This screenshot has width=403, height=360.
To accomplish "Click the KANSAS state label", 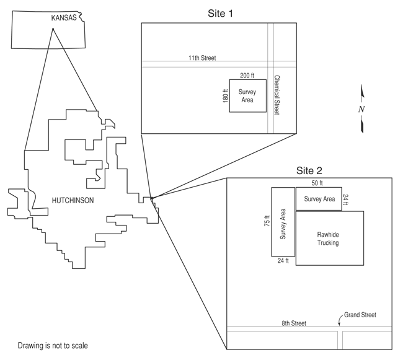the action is click(64, 18).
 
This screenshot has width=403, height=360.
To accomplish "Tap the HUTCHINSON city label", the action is click(73, 200).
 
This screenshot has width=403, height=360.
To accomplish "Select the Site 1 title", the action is click(220, 14).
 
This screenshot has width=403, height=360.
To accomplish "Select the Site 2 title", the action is click(309, 170).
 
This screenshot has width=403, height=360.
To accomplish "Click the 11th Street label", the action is click(202, 58).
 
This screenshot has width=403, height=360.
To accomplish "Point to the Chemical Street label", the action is click(277, 95).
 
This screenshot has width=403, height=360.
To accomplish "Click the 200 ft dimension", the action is click(247, 76).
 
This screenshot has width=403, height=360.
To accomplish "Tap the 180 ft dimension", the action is click(226, 96).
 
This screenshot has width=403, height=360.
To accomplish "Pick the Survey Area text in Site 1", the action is click(247, 96).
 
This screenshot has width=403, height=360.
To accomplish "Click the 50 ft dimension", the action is click(317, 183).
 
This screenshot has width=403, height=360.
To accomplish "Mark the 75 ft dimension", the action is click(267, 221).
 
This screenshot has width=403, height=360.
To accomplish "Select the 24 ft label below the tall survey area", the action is click(283, 261).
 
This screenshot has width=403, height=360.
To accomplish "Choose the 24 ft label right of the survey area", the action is click(346, 200).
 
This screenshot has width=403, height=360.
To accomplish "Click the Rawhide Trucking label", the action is click(328, 239).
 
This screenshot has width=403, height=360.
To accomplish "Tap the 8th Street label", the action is click(294, 323).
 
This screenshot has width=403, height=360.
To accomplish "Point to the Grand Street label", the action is click(360, 315).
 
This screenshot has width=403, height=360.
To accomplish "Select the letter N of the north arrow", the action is click(361, 109).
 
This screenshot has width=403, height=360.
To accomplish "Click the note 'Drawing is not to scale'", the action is click(53, 346).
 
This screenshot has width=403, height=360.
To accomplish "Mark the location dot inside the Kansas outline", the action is click(53, 29).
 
